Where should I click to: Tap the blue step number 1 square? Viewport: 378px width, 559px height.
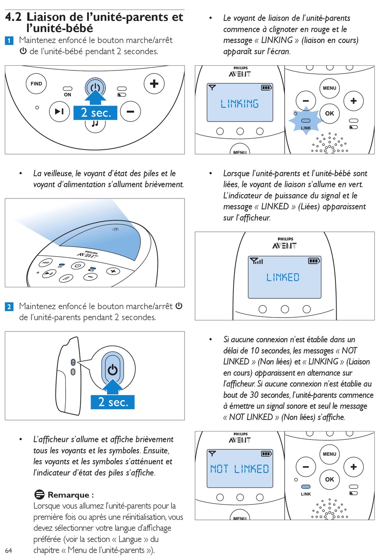[x=9, y=41]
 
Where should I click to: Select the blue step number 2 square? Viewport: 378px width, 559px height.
[x=9, y=307]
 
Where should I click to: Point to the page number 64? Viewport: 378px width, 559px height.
[x=8, y=551]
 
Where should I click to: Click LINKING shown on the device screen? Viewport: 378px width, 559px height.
[x=240, y=104]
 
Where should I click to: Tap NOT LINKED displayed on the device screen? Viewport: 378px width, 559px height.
[x=240, y=469]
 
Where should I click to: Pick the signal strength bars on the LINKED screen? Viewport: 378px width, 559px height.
[x=257, y=261]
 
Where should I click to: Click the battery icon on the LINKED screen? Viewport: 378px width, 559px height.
[x=314, y=261]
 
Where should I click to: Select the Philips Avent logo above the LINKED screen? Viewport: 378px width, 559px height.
[x=284, y=243]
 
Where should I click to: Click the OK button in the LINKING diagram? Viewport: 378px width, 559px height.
[x=329, y=114]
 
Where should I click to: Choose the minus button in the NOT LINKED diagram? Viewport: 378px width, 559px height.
[x=306, y=467]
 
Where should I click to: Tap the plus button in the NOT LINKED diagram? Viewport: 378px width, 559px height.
[x=353, y=467]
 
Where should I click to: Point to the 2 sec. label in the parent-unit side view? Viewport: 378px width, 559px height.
[x=113, y=402]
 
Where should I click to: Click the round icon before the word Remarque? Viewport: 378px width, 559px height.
[x=39, y=495]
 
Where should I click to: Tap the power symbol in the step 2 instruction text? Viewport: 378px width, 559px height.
[x=179, y=306]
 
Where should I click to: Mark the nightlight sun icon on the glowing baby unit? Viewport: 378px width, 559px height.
[x=115, y=229]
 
